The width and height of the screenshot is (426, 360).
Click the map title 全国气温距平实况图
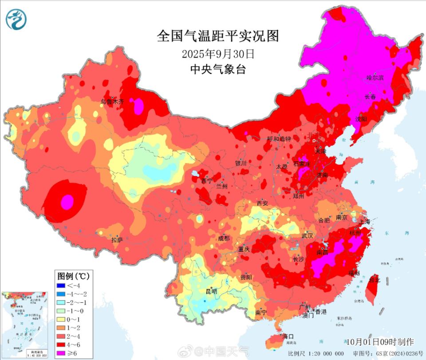pyautogui.click(x=218, y=36)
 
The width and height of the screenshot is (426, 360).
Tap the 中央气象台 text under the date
pyautogui.click(x=218, y=69)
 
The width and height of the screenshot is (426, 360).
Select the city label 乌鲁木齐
pyautogui.click(x=112, y=102)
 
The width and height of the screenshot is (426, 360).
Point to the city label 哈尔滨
pyautogui.click(x=375, y=78)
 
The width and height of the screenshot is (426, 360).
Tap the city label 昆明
pyautogui.click(x=211, y=291)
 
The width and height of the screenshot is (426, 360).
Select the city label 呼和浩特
pyautogui.click(x=279, y=139)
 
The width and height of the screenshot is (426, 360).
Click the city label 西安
pyautogui.click(x=262, y=203)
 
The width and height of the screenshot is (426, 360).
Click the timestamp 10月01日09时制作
pyautogui.click(x=380, y=341)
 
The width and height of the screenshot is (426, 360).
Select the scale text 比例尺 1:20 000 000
pyautogui.click(x=316, y=353)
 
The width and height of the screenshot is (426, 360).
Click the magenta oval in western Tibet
pyautogui.click(x=67, y=202)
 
